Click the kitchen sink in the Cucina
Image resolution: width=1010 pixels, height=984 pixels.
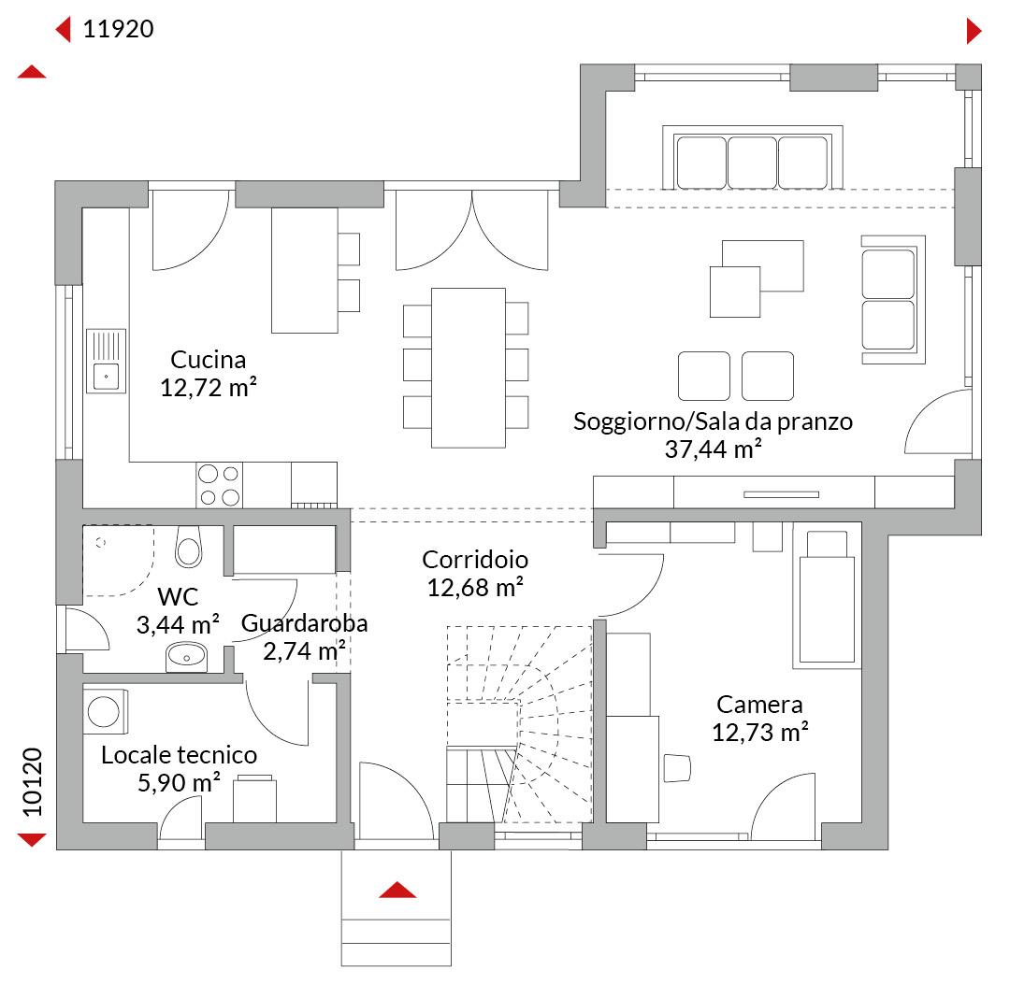pyautogui.click(x=107, y=361)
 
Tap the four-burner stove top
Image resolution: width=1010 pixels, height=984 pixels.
pyautogui.click(x=219, y=485)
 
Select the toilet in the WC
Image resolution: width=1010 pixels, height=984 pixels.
pyautogui.click(x=189, y=547)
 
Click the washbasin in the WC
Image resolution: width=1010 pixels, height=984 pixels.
pyautogui.click(x=186, y=657)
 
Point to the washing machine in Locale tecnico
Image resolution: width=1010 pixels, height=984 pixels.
pyautogui.click(x=106, y=711)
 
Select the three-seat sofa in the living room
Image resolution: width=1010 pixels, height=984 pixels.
pyautogui.click(x=752, y=158)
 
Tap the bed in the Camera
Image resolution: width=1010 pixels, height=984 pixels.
pyautogui.click(x=827, y=596)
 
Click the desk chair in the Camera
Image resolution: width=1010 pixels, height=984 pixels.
pyautogui.click(x=677, y=768)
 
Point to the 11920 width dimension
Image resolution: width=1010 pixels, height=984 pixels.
pyautogui.click(x=119, y=29)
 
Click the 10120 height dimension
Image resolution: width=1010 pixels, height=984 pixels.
pyautogui.click(x=32, y=781)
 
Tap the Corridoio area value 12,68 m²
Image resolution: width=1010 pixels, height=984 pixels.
pyautogui.click(x=475, y=587)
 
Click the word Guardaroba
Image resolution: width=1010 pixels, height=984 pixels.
pyautogui.click(x=304, y=623)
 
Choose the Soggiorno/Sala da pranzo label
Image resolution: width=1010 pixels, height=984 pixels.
pyautogui.click(x=713, y=421)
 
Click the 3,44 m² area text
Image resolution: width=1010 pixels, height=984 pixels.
pyautogui.click(x=178, y=624)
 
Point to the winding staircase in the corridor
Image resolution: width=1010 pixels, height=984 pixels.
pyautogui.click(x=519, y=724)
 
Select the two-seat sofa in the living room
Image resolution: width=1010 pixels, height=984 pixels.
pyautogui.click(x=893, y=300)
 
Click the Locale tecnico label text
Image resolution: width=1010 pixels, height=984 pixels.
pyautogui.click(x=179, y=755)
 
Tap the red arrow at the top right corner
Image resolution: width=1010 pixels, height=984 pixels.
pyautogui.click(x=974, y=31)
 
